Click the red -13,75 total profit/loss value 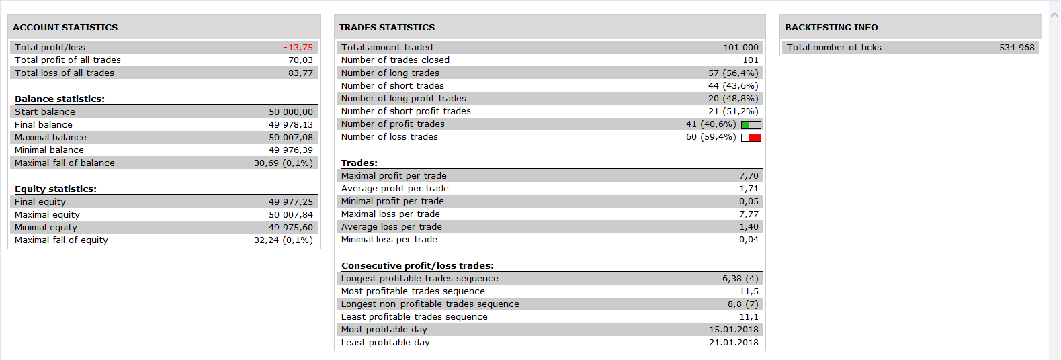click(298, 48)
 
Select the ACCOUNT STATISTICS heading click(65, 28)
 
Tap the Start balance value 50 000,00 click(291, 111)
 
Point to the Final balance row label click(44, 124)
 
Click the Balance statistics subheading click(60, 99)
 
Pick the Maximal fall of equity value click(284, 240)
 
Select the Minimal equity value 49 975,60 click(291, 228)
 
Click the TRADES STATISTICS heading click(387, 28)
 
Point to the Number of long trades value click(733, 73)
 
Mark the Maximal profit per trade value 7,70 click(749, 176)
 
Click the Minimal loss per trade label click(389, 240)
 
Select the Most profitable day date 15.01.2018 click(734, 330)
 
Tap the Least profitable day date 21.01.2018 click(734, 343)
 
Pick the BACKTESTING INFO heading click(831, 28)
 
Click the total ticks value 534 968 click(1017, 48)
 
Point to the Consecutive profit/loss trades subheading click(418, 266)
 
